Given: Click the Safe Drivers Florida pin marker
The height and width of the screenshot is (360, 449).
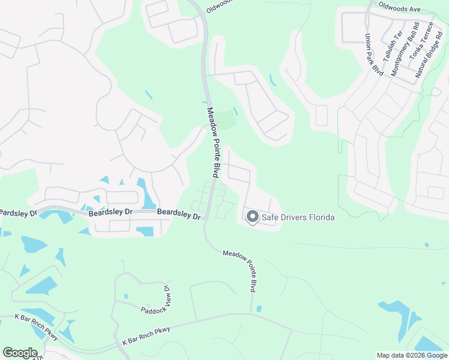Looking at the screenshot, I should pyautogui.click(x=253, y=217).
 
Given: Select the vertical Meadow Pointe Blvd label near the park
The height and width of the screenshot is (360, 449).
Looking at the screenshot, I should pyautogui.click(x=212, y=142).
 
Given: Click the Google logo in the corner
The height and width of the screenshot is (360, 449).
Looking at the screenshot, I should pyautogui.click(x=20, y=353).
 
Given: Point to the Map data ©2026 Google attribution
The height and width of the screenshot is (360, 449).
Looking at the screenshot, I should pyautogui.click(x=412, y=355).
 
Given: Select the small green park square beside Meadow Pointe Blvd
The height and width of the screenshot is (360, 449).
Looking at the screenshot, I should pyautogui.click(x=225, y=119).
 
